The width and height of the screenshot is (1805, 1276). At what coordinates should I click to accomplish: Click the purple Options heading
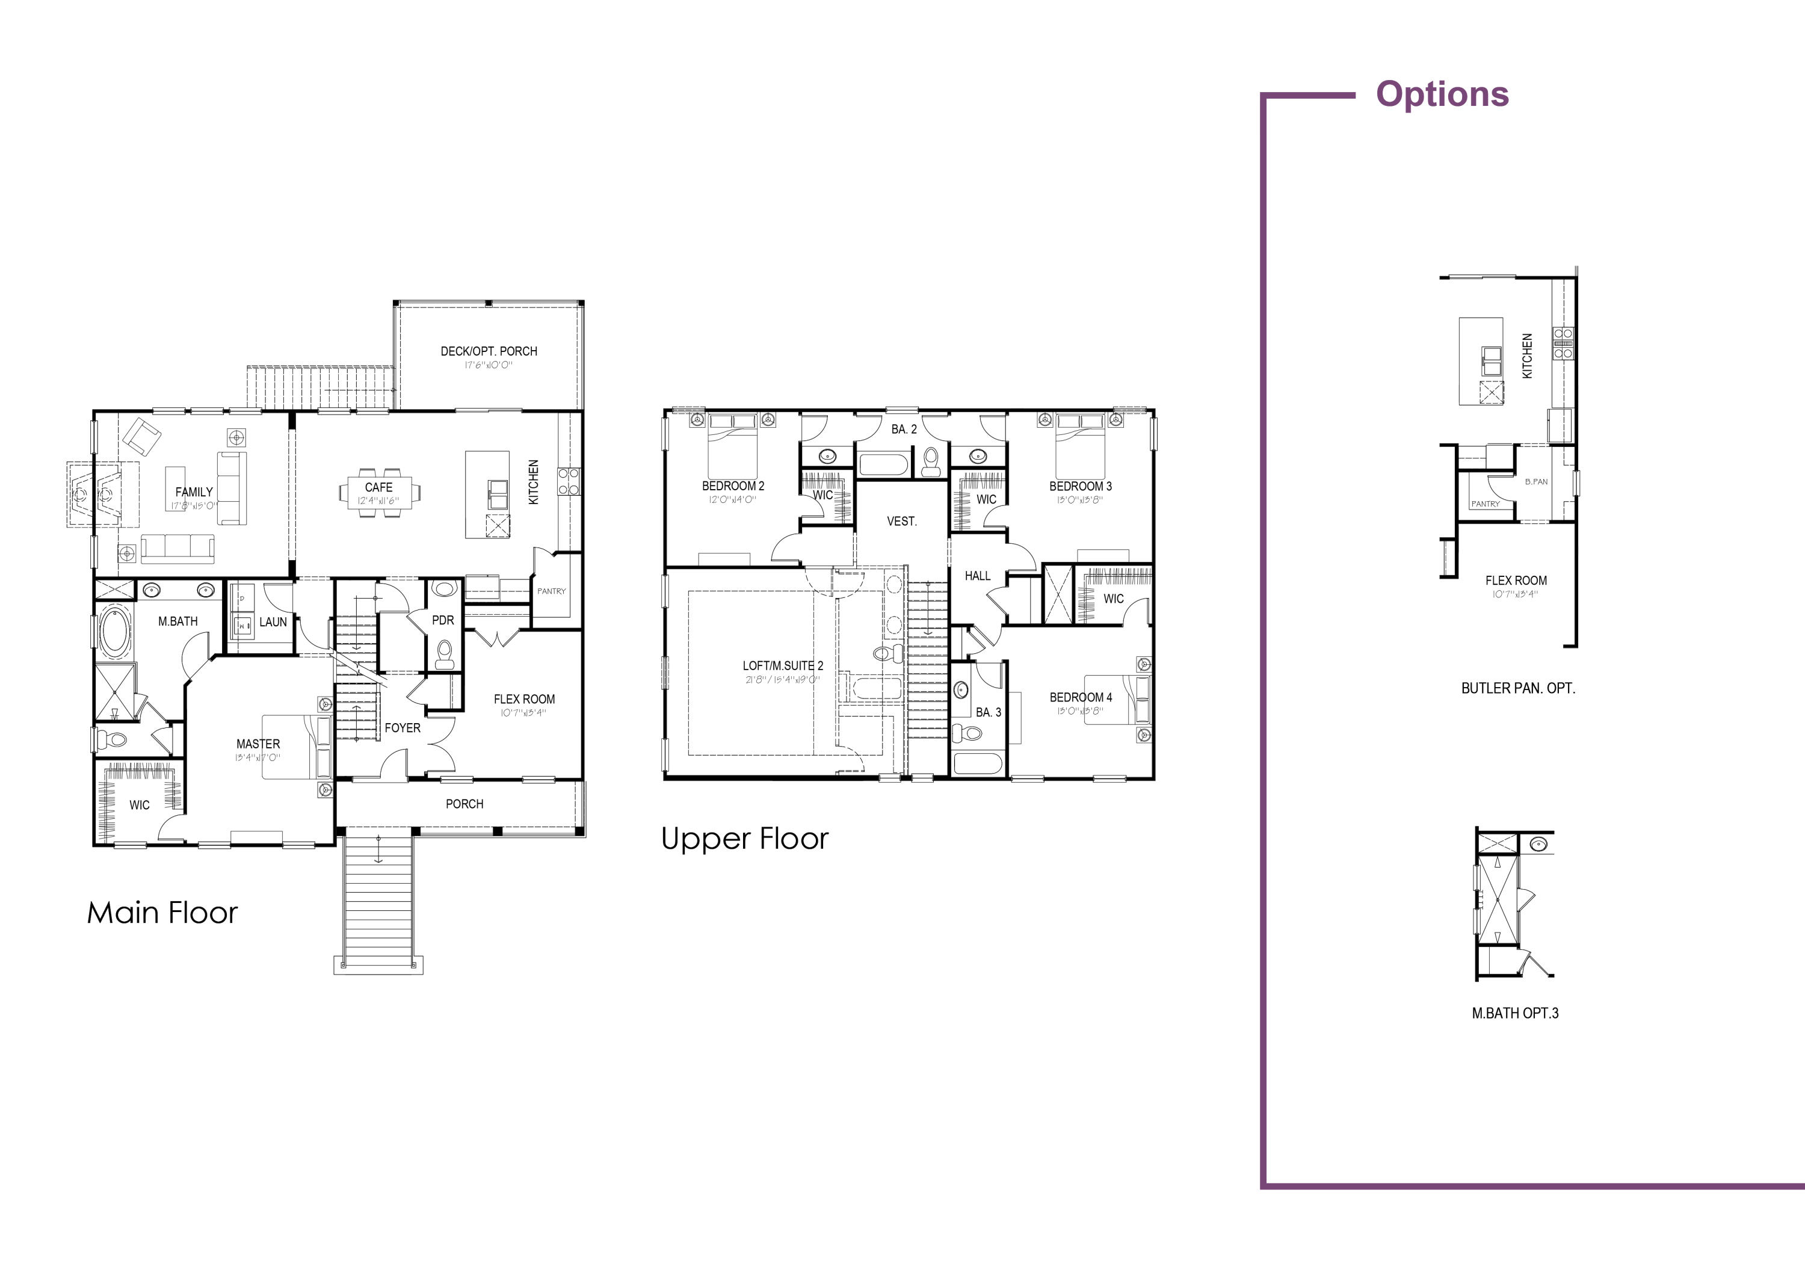click(1442, 94)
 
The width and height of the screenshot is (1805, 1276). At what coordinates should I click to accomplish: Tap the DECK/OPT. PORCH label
click(489, 351)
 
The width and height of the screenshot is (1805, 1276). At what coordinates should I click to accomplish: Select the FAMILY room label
click(194, 492)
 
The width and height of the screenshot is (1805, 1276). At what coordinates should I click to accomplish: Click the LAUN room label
click(273, 622)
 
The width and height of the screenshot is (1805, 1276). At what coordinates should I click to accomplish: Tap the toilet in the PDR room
click(445, 653)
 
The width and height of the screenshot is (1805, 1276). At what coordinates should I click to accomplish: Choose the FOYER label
click(403, 728)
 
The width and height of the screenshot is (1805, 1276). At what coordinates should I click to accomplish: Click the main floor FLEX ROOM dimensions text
click(523, 713)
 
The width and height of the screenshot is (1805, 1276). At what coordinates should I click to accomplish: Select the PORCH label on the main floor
click(464, 804)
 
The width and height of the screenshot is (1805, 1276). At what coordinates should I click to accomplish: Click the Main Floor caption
click(162, 913)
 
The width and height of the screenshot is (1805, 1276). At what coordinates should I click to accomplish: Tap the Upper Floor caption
click(744, 839)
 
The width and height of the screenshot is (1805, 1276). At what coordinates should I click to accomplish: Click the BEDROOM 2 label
click(733, 486)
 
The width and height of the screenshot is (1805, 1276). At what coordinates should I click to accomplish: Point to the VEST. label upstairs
click(902, 521)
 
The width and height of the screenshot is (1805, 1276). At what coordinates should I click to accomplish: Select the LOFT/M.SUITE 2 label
click(783, 666)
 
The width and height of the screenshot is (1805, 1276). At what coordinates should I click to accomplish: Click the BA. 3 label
click(988, 712)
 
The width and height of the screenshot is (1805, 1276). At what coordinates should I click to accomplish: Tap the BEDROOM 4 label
click(1081, 697)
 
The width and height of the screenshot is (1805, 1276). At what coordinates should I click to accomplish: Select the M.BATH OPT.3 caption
click(1515, 1014)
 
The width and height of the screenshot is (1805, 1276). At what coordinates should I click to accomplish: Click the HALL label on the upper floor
click(977, 576)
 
